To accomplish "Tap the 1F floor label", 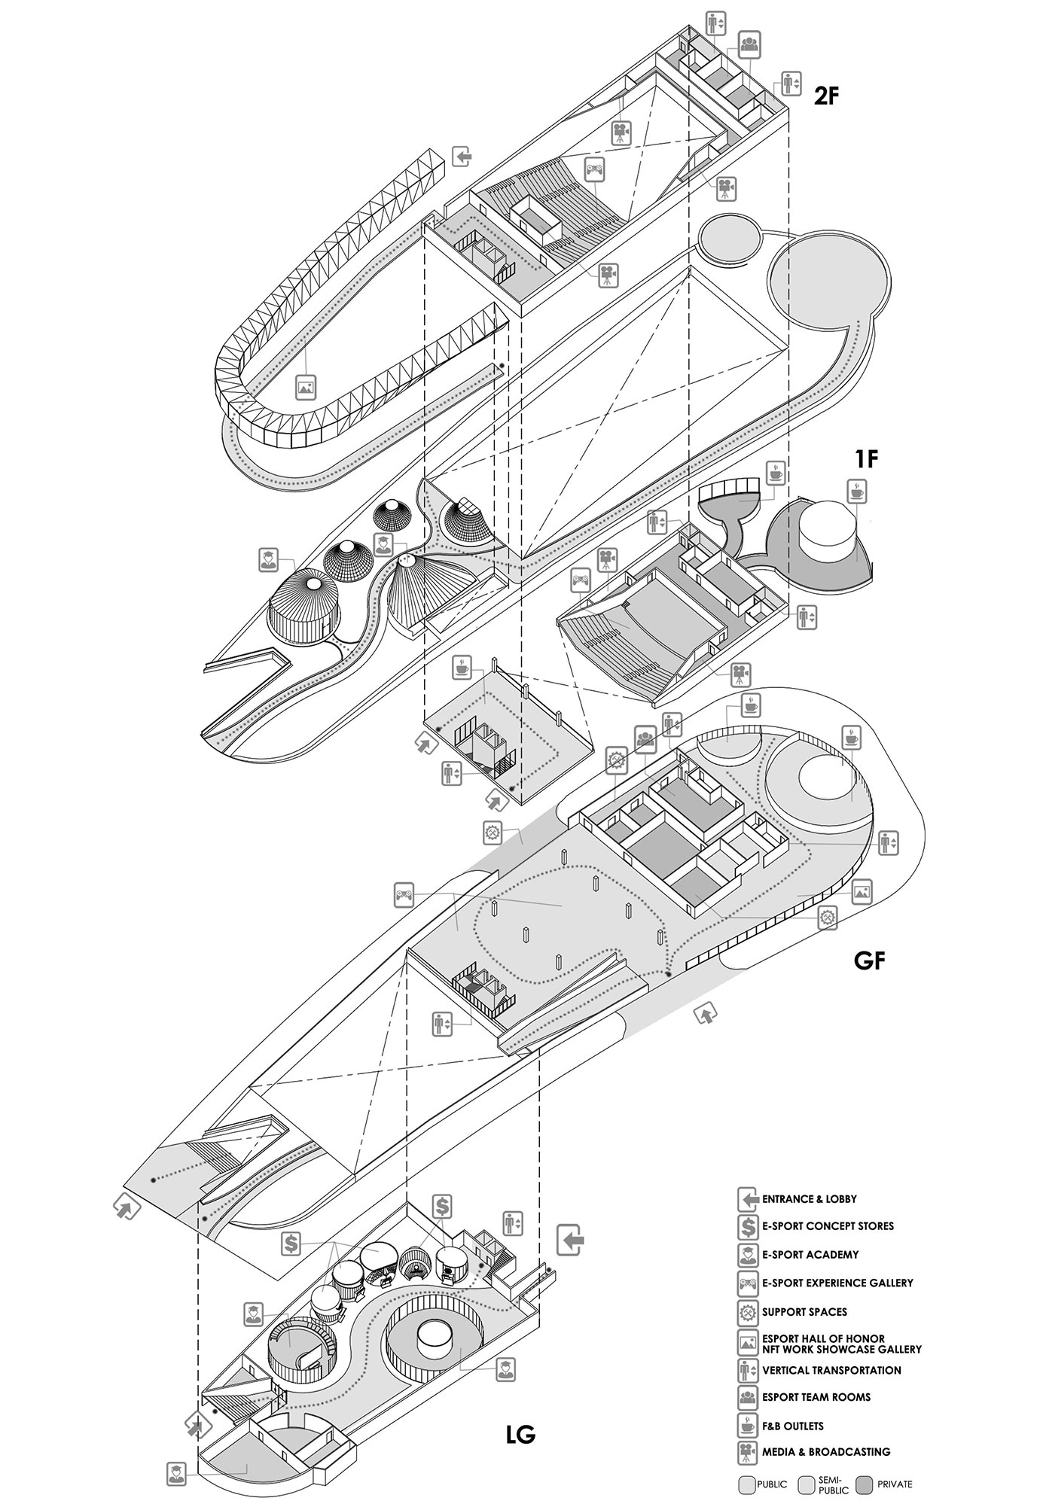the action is pyautogui.click(x=867, y=458).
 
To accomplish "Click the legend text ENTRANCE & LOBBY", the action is pyautogui.click(x=810, y=1199).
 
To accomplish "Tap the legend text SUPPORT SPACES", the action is pyautogui.click(x=804, y=1311).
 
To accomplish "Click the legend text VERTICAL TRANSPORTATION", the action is pyautogui.click(x=831, y=1370).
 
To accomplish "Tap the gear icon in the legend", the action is pyautogui.click(x=748, y=1312).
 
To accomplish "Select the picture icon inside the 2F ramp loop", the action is pyautogui.click(x=305, y=388).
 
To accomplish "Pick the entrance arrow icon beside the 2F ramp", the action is pyautogui.click(x=462, y=157).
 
